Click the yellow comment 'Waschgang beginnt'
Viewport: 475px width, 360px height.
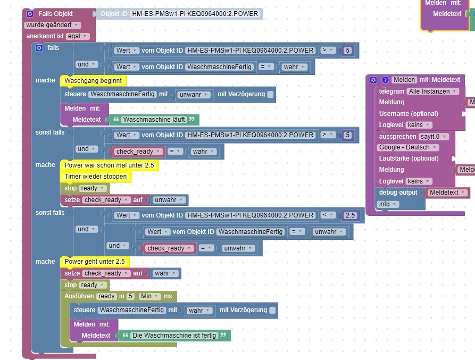point(93,81)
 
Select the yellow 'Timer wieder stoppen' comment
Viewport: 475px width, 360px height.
point(96,177)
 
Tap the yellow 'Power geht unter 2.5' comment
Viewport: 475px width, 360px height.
point(95,262)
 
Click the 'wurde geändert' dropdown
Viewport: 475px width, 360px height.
point(52,25)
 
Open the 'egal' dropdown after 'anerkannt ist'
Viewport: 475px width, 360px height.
point(77,36)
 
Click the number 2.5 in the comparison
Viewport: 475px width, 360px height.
point(350,215)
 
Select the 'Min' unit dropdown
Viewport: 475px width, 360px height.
point(150,296)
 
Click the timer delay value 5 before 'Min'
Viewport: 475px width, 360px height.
point(129,296)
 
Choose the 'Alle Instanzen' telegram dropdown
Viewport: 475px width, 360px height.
point(433,91)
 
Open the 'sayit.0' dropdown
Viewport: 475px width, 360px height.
point(434,136)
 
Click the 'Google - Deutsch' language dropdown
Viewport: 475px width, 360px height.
point(408,147)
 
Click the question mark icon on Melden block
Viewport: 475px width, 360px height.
point(385,80)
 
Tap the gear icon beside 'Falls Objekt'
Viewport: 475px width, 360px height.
point(29,13)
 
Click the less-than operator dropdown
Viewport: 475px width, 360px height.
point(327,215)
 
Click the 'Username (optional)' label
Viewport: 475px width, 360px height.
point(409,114)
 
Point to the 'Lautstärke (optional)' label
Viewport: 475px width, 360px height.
point(409,158)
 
